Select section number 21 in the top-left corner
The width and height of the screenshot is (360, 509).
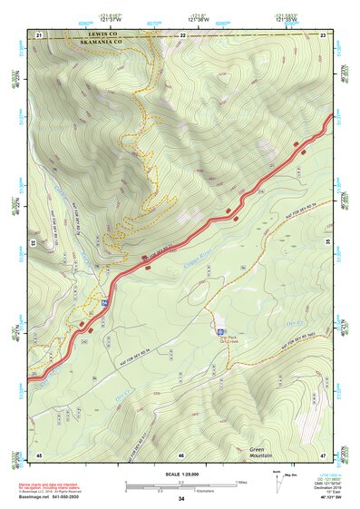[x=39, y=34]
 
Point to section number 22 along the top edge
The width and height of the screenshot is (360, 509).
[x=182, y=34]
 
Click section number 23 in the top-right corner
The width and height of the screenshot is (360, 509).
[x=324, y=34]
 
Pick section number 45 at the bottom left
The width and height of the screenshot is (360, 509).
[x=39, y=454]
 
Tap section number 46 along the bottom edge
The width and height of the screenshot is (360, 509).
[x=181, y=455]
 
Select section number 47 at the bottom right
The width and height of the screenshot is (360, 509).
[x=324, y=454]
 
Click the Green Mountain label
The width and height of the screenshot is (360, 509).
[x=267, y=451]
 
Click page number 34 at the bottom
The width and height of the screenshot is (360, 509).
[x=181, y=499]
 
